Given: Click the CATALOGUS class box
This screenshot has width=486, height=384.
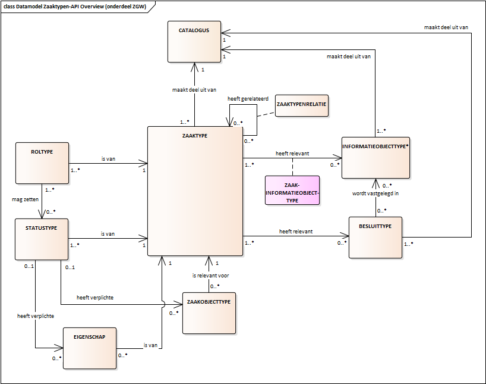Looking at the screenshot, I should pos(194,41).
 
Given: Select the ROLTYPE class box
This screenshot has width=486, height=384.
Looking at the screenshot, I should pos(42,163).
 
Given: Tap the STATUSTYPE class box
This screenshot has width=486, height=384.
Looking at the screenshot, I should pos(42,239).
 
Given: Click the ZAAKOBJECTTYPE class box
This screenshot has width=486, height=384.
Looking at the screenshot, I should pos(209,313).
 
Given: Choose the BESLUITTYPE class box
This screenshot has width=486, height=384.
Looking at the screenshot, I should pos(375,237).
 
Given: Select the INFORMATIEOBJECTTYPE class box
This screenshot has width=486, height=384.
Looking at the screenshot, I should pos(375,157).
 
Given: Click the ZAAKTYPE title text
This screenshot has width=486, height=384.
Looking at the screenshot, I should pos(195,135).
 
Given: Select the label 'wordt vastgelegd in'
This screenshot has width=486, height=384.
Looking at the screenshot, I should pos(375,193).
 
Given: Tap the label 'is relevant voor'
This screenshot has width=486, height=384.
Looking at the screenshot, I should pos(211,276).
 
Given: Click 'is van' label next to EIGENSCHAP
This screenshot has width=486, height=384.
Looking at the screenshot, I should pos(150,345).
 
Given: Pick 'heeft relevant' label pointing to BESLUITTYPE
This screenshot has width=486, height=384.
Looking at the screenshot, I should pos(296,231).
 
